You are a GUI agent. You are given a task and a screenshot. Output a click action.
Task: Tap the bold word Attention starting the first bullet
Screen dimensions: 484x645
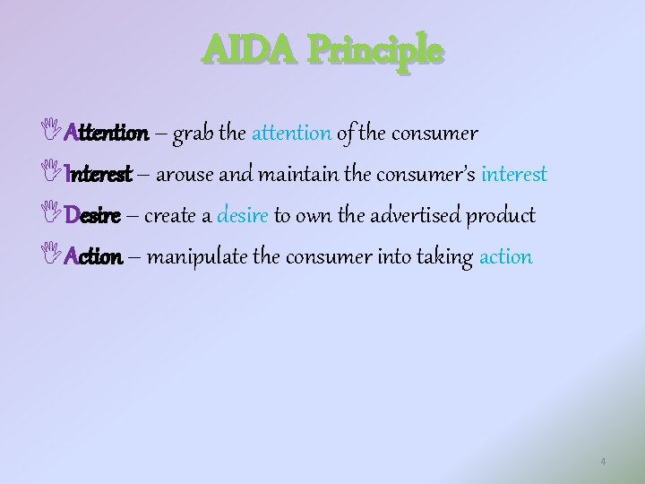(x=107, y=134)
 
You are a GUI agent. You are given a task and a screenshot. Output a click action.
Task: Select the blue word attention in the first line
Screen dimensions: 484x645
(x=292, y=134)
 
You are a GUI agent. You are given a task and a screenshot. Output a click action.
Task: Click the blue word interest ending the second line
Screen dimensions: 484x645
(x=513, y=174)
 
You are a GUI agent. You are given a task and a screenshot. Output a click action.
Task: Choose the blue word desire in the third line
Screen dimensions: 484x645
(x=243, y=215)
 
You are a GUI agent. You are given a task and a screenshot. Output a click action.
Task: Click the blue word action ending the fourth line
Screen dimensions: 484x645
(x=506, y=256)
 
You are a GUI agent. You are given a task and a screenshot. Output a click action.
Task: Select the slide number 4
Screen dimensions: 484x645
(x=603, y=462)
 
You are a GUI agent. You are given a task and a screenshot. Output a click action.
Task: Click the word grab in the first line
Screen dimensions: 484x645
(x=193, y=134)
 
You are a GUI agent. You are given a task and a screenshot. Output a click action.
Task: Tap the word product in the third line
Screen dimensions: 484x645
(x=503, y=216)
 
